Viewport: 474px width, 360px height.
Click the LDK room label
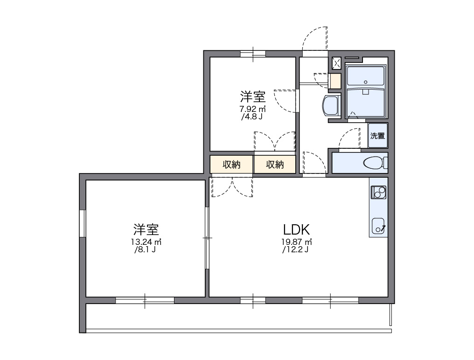point(296,229)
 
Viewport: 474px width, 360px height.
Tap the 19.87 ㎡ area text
point(296,242)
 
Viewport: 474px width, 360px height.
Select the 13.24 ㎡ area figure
point(146,242)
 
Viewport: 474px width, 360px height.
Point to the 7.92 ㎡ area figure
point(252,110)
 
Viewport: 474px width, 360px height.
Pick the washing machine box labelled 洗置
point(377,136)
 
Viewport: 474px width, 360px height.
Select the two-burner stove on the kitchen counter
point(378,191)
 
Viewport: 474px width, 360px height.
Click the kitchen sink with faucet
point(378,226)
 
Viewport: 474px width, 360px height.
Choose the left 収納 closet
point(231,165)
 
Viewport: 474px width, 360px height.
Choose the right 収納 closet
point(275,165)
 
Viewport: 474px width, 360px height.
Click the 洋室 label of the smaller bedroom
point(253,97)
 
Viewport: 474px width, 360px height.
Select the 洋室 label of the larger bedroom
point(146,229)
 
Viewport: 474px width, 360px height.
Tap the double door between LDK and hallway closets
point(232,186)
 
